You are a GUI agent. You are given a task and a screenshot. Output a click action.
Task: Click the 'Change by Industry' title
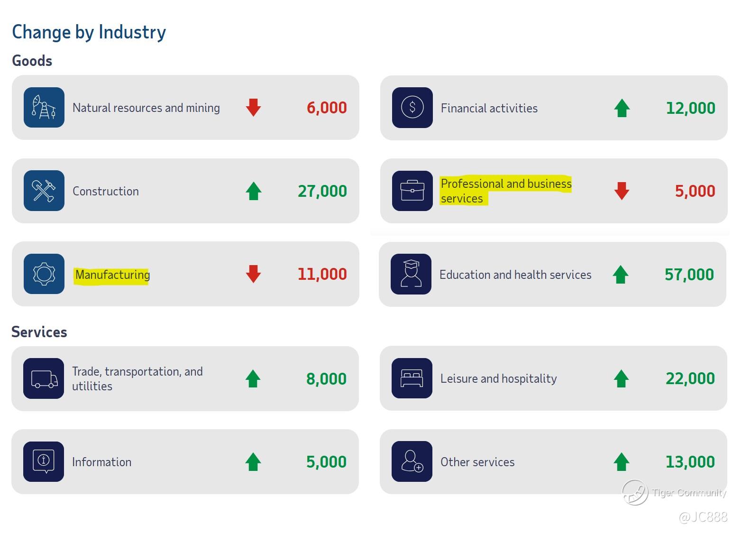89,32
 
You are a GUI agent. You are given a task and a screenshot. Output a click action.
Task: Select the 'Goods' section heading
32,61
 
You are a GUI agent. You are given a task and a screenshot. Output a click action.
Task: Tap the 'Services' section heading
39,332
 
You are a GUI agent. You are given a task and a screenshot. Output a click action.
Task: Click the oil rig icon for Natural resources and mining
44,107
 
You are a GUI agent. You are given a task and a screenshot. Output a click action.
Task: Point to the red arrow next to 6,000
254,108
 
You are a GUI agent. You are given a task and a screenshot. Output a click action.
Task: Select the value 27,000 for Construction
322,191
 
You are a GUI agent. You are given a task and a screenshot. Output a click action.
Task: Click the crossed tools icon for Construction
44,191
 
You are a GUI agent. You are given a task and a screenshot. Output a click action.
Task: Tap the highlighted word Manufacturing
112,275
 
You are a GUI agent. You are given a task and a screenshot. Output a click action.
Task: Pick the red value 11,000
322,274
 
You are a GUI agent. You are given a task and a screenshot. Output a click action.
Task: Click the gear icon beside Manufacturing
44,274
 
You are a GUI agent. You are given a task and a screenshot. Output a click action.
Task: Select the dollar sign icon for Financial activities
412,107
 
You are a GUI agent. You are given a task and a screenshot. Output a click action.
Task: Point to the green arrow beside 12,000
622,108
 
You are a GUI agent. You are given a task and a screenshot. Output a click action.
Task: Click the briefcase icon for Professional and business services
412,191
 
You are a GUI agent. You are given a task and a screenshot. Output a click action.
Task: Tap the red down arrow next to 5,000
622,191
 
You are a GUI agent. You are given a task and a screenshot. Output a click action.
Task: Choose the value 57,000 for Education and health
689,275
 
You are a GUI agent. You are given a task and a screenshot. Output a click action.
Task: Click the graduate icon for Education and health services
411,274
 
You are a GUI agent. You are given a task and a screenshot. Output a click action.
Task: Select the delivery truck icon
44,378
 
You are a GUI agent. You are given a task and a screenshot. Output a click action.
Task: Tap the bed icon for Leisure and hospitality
412,378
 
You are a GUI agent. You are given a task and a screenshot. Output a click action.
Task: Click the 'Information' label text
101,462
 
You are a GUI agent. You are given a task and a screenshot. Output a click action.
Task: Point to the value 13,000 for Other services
690,462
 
